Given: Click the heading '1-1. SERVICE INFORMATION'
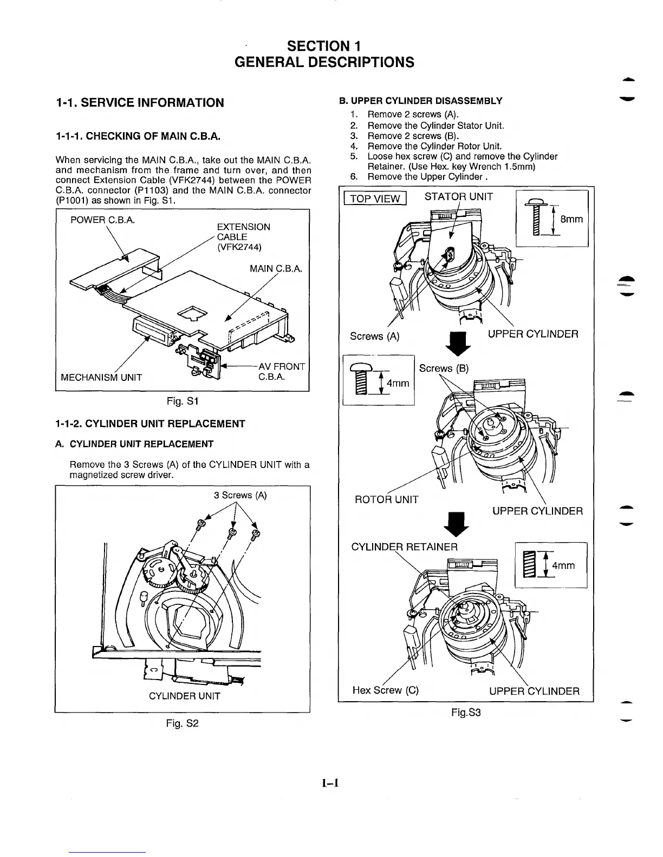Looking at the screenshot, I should [x=140, y=103].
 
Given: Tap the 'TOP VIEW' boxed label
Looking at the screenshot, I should [x=375, y=199].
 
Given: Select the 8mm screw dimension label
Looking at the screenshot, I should [x=571, y=219].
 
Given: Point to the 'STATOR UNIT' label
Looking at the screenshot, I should [x=459, y=196].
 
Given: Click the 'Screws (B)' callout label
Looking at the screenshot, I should [x=444, y=368].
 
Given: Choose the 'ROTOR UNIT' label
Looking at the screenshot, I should [x=386, y=499].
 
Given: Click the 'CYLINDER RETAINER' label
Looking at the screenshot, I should [x=405, y=547].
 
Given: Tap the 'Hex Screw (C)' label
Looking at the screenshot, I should [x=385, y=690].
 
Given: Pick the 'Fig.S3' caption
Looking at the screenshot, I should [x=466, y=713].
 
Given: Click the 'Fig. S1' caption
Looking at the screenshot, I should [x=182, y=401].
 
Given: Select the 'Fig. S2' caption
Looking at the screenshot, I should [x=182, y=723].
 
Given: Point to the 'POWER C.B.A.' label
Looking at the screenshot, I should [x=103, y=220].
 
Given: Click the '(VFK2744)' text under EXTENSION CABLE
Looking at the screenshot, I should [x=239, y=247].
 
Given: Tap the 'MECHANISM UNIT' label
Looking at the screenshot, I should [x=101, y=377].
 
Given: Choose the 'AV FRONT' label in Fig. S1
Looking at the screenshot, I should [x=282, y=366].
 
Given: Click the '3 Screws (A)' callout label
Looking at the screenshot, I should [x=240, y=496].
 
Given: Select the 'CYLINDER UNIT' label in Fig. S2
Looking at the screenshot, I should [x=184, y=696].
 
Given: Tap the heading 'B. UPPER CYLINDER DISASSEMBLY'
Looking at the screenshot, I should [x=420, y=101].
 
